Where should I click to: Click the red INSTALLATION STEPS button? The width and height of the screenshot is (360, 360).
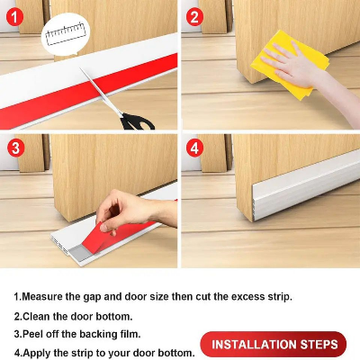273,345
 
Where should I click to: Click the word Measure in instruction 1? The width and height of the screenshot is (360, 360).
47,296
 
